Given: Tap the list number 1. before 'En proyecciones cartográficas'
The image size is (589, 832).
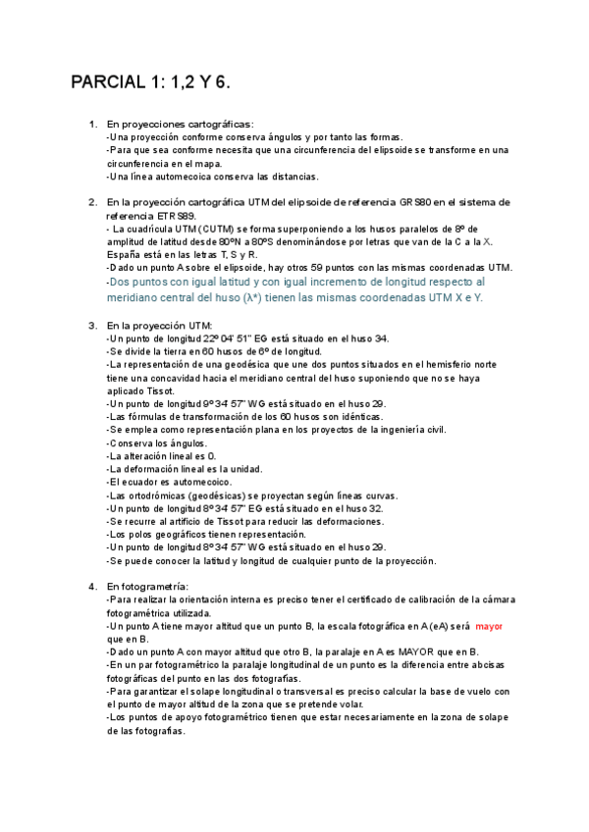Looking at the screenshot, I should tap(93, 125).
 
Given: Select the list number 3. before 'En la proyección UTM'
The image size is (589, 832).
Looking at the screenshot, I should tap(93, 326).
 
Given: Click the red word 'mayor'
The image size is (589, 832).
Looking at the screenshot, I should tap(489, 625).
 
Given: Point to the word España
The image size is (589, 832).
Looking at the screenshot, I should tap(126, 254).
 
